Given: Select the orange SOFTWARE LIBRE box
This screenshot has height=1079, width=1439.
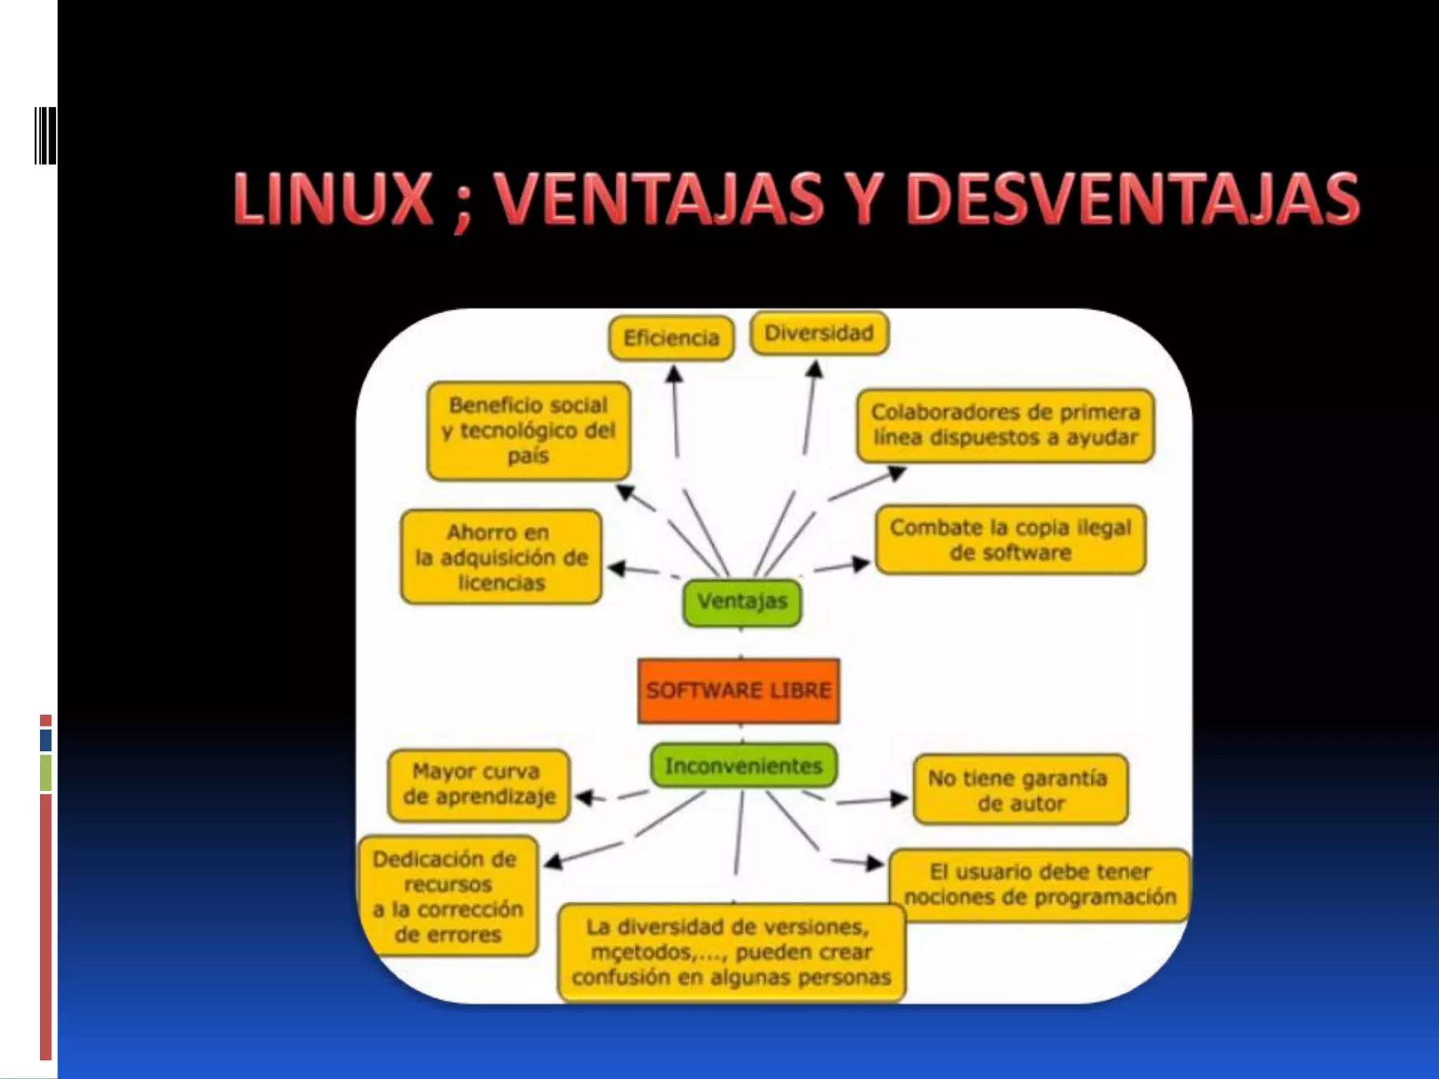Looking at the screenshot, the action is [x=738, y=691].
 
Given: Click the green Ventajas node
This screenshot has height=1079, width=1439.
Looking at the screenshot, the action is [x=742, y=602].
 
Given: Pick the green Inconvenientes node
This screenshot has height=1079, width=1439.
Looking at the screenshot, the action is [x=743, y=766].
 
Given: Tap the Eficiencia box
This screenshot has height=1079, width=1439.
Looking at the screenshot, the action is [x=671, y=339].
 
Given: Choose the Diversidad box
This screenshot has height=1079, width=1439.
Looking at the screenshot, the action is [x=819, y=333].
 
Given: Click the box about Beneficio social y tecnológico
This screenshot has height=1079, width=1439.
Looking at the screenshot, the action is [x=528, y=431].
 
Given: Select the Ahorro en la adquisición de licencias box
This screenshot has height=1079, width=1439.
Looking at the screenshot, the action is [x=501, y=557].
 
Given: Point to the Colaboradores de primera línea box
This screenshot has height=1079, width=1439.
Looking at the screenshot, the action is [x=1005, y=425].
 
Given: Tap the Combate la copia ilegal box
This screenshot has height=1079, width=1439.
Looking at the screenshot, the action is [x=1010, y=539].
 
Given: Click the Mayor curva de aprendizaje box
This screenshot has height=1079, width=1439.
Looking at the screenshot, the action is [x=478, y=785].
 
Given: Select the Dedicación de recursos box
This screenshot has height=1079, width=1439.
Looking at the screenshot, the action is [x=448, y=896].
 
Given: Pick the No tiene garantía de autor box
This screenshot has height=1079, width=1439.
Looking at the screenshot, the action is [x=1020, y=790].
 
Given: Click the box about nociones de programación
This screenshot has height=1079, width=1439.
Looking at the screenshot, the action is [x=1039, y=884].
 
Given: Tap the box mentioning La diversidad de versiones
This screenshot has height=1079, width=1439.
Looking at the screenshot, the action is [x=731, y=953].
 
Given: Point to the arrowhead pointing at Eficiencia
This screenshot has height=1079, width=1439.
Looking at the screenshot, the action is [x=674, y=373].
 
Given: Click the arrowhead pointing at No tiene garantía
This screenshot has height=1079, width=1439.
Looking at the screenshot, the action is [x=899, y=798].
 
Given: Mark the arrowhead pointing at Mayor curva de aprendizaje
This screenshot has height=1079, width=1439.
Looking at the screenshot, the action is [x=584, y=797].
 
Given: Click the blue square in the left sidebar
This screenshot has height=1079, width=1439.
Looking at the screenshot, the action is [x=46, y=740].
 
